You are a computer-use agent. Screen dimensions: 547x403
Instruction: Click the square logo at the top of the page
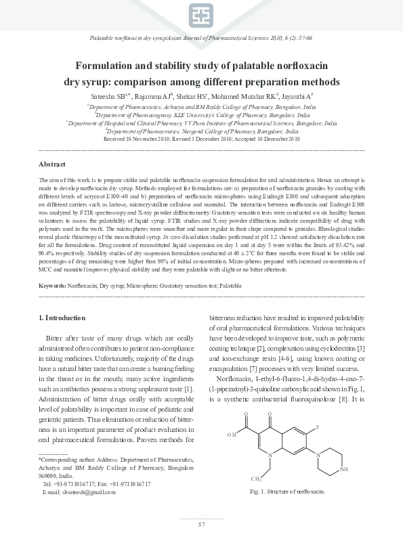[x=201, y=16]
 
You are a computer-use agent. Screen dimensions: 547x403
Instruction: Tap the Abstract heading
[x=52, y=165]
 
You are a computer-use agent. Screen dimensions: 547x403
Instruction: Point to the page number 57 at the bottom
[x=201, y=525]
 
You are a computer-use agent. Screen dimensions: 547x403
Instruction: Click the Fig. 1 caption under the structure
[x=283, y=491]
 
